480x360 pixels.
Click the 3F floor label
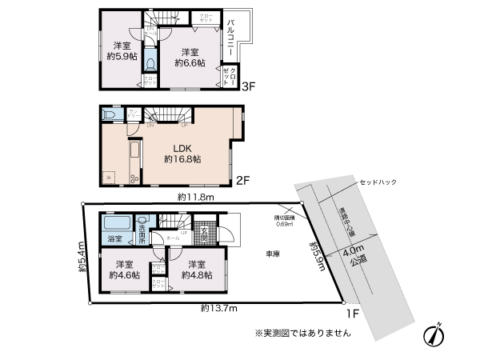(x=248, y=86)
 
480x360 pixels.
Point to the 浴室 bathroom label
(x=115, y=239)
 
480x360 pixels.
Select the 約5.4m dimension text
(x=82, y=258)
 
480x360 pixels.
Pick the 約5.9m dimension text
(x=317, y=255)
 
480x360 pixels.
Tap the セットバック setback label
(x=378, y=182)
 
